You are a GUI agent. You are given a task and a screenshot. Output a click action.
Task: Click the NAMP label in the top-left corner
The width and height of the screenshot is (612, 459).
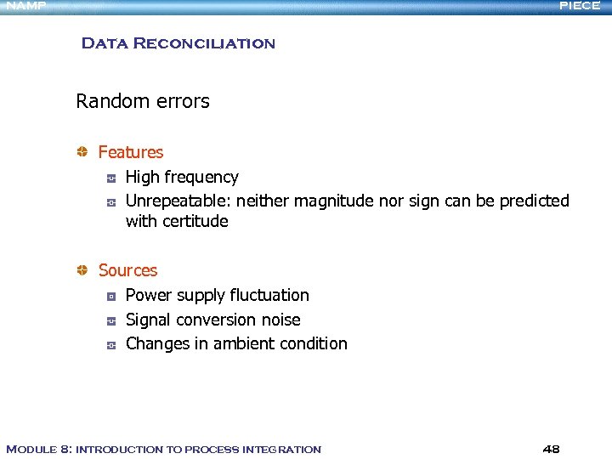click(25, 6)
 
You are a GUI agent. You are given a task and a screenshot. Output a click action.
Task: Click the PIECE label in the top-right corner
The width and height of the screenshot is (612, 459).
click(580, 6)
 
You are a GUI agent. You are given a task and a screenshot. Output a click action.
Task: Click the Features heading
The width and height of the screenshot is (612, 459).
click(130, 152)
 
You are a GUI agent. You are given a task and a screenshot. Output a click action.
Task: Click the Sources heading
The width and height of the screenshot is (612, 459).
click(127, 270)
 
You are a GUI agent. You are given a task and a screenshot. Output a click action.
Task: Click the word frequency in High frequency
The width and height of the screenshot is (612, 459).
click(201, 178)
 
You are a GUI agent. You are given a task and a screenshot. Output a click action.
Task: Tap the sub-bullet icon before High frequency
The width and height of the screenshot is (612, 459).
click(110, 178)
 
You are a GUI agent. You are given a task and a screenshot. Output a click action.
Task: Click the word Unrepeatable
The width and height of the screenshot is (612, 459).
click(178, 201)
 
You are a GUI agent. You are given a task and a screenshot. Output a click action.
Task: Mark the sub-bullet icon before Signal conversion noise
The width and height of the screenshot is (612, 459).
click(110, 320)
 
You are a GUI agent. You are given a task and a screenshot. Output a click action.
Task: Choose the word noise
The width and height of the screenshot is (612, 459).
click(279, 320)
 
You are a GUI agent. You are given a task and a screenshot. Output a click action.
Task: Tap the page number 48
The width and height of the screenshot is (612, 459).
click(551, 449)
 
